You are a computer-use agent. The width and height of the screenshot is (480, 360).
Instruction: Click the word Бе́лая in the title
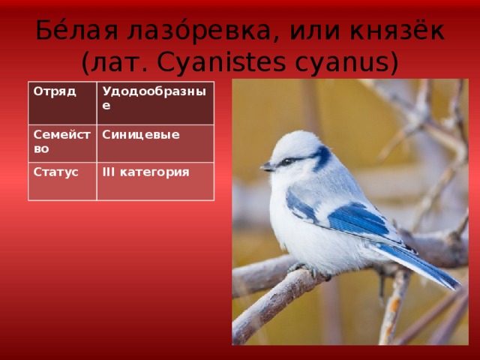coord(76,29)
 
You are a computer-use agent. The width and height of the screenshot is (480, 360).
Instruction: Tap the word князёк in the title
coord(397,29)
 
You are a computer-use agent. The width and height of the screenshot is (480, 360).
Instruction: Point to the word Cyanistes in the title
coord(222,63)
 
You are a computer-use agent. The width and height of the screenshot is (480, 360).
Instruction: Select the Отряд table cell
coord(62,103)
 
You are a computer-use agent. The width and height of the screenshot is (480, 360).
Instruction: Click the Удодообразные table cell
coord(155,103)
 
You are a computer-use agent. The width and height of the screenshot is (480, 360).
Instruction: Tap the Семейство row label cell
coord(62,143)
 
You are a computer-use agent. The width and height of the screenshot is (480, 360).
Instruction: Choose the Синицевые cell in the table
coord(155,143)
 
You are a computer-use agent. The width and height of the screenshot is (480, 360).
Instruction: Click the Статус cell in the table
coord(62,181)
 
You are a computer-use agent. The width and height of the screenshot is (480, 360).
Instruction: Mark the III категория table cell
coord(155,181)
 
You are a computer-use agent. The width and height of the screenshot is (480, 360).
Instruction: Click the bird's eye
coord(287,161)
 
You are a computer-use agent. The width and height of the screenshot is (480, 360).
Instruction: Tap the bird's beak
coord(267,166)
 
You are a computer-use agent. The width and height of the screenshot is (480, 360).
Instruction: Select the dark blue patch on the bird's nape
coord(323,157)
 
